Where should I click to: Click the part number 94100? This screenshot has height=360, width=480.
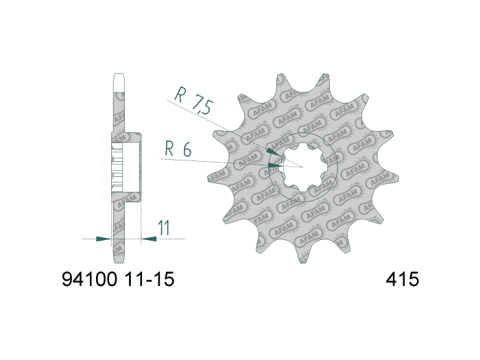click(90, 280)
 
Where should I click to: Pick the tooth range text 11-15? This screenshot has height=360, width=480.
click(149, 280)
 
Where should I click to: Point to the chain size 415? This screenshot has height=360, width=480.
click(403, 280)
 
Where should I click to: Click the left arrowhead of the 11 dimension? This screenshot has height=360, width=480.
click(103, 239)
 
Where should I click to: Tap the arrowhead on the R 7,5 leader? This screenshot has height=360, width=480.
click(272, 152)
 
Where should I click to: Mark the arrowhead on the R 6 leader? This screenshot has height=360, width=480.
click(275, 165)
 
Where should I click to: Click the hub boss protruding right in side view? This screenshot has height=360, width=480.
click(133, 165)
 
